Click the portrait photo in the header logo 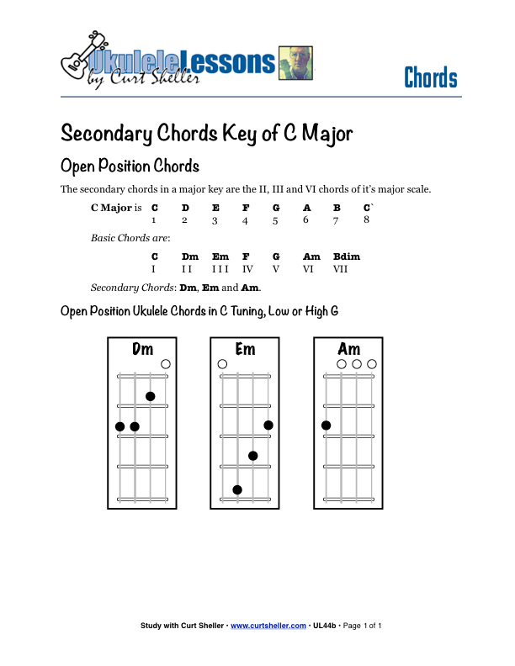point(295,63)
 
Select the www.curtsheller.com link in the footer point(268,626)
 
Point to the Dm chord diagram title point(143,349)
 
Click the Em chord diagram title point(245,349)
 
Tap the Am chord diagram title point(348,349)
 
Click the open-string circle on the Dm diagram point(166,364)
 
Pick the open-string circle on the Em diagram point(222,364)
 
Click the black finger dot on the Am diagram point(326,425)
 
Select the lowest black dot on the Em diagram point(237,489)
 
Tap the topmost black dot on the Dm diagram point(151,396)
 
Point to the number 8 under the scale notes point(367,219)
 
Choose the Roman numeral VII point(340,269)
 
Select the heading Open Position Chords point(130,165)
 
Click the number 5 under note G point(275,221)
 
